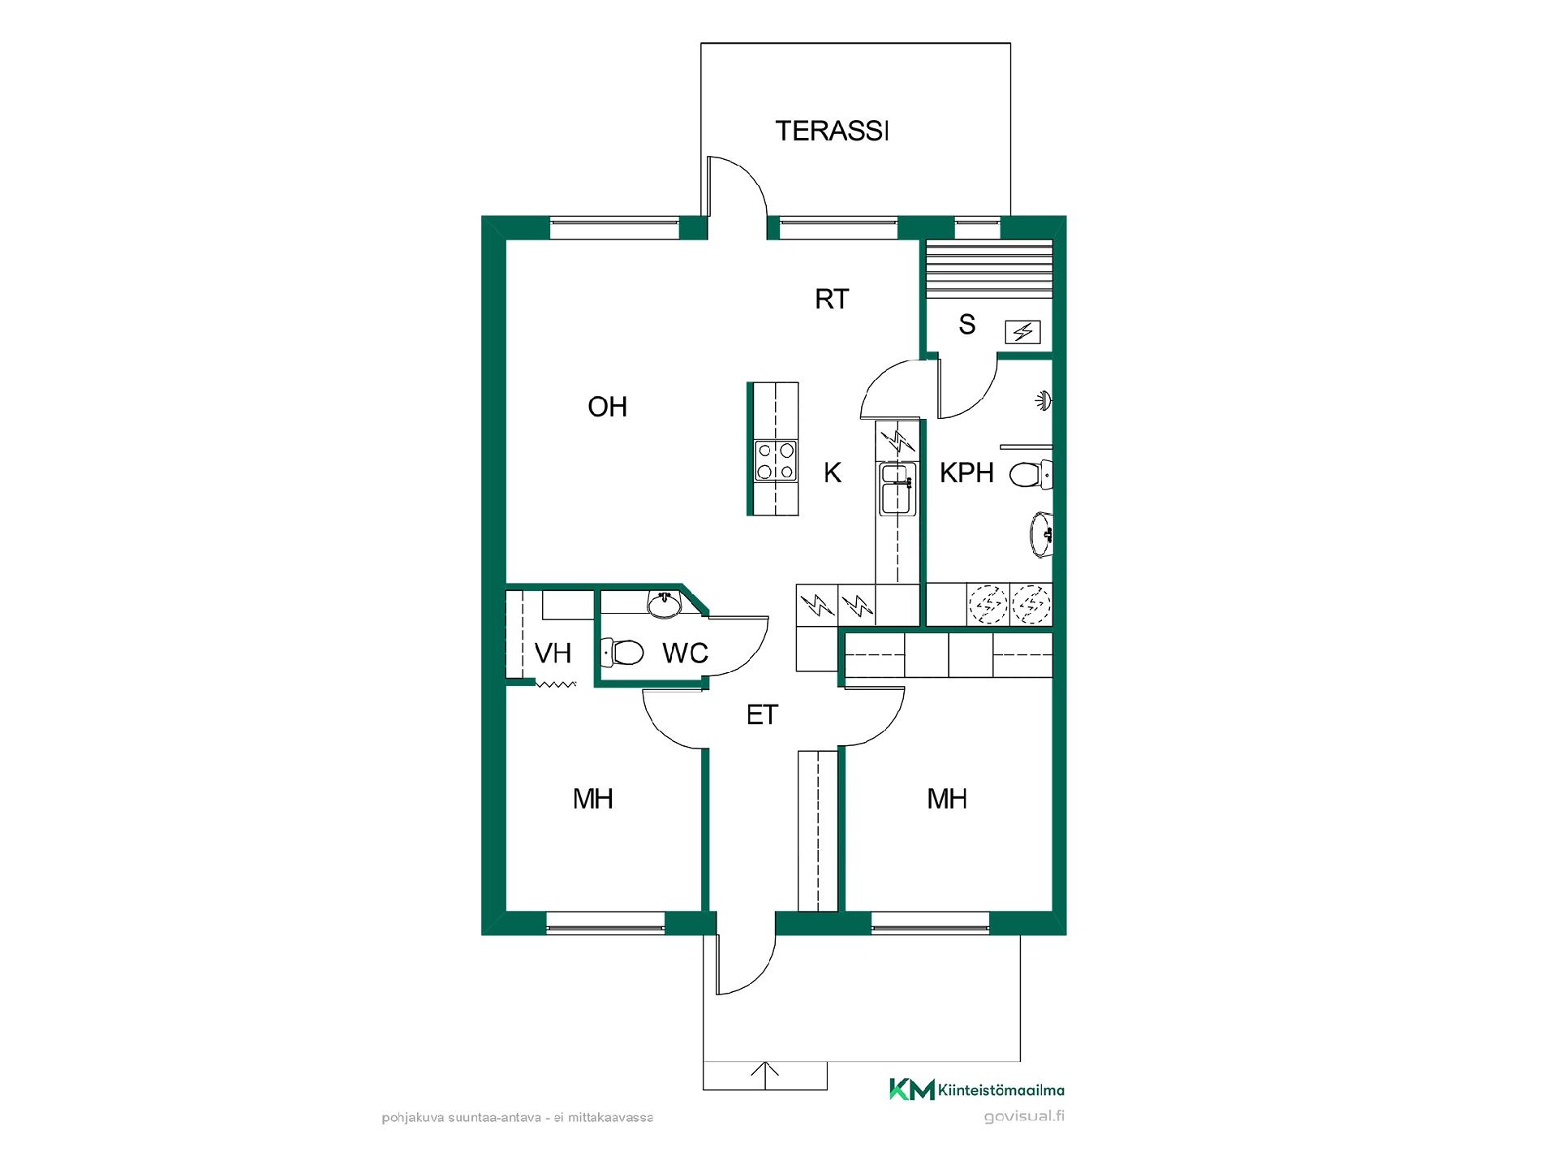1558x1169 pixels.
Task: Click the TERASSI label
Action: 832,131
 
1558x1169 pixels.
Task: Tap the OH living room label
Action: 608,407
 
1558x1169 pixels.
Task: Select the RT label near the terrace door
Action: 832,300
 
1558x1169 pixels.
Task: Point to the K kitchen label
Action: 833,472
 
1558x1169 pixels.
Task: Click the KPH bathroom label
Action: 966,472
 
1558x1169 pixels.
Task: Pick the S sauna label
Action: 966,325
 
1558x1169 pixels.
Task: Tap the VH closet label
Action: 553,653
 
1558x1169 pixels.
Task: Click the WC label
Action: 686,653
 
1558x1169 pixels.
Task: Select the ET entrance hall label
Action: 762,715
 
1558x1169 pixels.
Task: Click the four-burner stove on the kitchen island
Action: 775,461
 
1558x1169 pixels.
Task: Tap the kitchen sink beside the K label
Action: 897,489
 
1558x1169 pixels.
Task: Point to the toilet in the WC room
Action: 622,651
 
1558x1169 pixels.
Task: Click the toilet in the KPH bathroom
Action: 1031,474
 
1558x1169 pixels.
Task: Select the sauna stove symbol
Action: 1023,332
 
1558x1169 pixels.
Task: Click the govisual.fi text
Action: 1024,1116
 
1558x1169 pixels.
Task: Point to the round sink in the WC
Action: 664,604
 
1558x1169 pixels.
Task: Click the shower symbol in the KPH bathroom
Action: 1044,400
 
